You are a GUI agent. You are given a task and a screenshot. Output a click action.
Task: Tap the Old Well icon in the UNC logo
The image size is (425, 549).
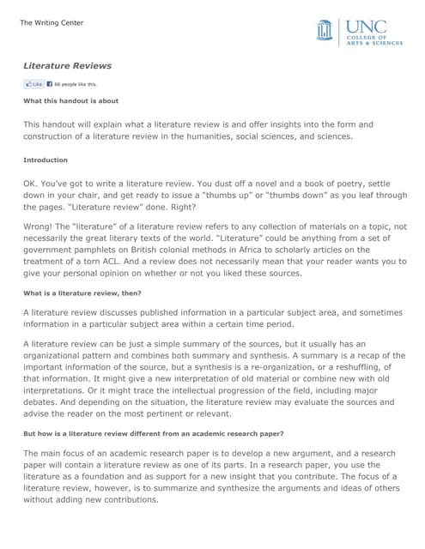tap(324, 31)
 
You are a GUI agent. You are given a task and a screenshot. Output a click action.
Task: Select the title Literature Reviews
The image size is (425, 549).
tap(67, 65)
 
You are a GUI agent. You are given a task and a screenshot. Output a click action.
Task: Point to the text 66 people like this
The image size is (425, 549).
tap(76, 84)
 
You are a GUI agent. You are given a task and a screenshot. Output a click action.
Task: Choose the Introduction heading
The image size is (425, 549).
tap(46, 160)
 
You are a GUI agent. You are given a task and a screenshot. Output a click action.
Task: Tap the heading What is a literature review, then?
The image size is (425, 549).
tap(82, 293)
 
